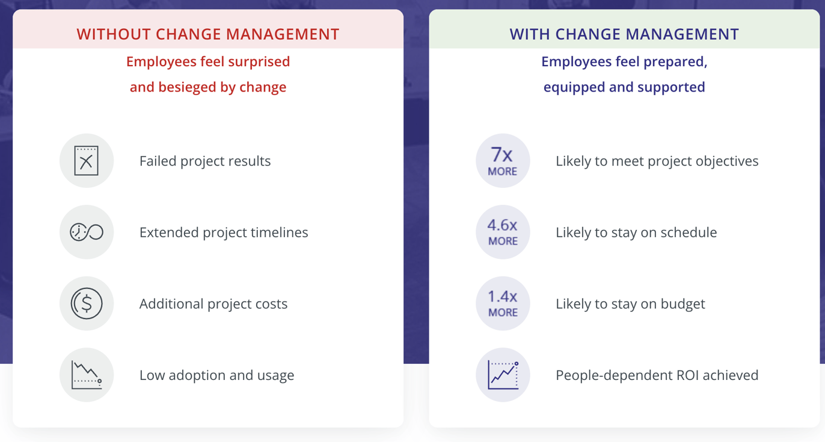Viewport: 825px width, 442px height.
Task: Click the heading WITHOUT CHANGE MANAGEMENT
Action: pos(208,34)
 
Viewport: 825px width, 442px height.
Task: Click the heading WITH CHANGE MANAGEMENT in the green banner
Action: pos(624,34)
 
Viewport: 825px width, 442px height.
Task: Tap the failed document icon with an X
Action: pos(87,161)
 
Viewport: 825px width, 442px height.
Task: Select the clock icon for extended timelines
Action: pos(87,232)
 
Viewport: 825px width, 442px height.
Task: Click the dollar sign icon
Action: pos(87,303)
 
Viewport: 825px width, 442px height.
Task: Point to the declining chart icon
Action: pos(87,375)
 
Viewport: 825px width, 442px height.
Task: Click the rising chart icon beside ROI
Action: pos(503,375)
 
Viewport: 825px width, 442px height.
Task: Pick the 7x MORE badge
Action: pos(503,161)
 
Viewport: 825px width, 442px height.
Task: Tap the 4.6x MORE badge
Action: pos(503,232)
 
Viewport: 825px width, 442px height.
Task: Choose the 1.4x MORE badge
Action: pos(503,303)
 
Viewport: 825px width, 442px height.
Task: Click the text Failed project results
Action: pos(205,161)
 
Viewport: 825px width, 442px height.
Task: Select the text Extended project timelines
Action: pos(224,232)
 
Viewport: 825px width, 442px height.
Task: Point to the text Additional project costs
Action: pos(213,303)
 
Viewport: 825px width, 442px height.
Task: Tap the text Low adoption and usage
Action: pos(216,375)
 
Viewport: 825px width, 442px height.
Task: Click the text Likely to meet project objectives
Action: pos(657,161)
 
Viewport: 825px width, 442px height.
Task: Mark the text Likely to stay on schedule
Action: pos(636,232)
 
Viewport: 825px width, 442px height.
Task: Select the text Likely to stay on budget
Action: pos(630,303)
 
